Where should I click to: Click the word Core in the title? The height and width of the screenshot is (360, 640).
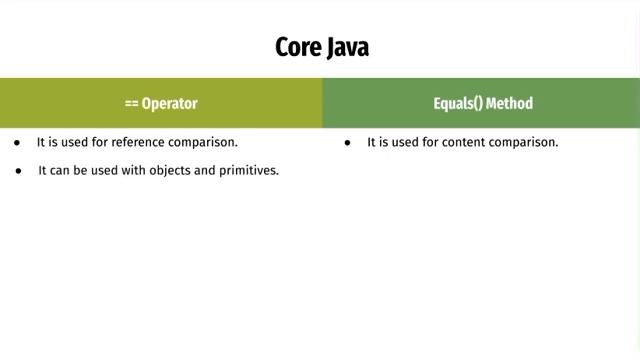297,48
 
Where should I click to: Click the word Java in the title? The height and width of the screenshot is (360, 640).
346,48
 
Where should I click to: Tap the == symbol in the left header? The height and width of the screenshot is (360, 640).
131,103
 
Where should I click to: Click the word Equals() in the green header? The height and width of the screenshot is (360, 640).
456,103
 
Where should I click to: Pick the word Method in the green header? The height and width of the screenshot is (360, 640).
510,103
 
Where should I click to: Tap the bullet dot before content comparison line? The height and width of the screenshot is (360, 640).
347,143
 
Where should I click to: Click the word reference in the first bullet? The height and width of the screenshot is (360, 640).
140,143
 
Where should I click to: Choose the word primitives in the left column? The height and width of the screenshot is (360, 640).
247,171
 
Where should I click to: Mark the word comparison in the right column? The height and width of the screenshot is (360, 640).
526,143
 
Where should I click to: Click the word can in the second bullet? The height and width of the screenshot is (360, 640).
59,171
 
